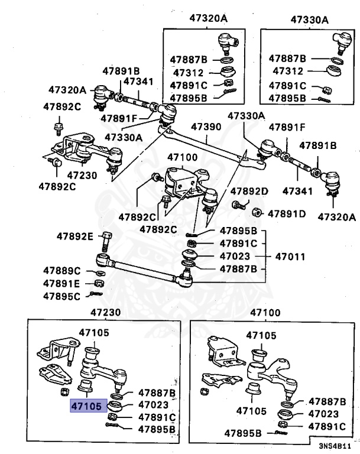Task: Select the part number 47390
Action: point(205,127)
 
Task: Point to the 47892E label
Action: point(75,236)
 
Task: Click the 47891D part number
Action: point(287,213)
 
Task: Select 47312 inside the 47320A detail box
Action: point(189,73)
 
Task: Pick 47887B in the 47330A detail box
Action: point(287,59)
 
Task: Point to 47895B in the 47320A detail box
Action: point(189,98)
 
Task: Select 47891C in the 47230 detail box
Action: point(157,417)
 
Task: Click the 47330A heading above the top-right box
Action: point(310,19)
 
